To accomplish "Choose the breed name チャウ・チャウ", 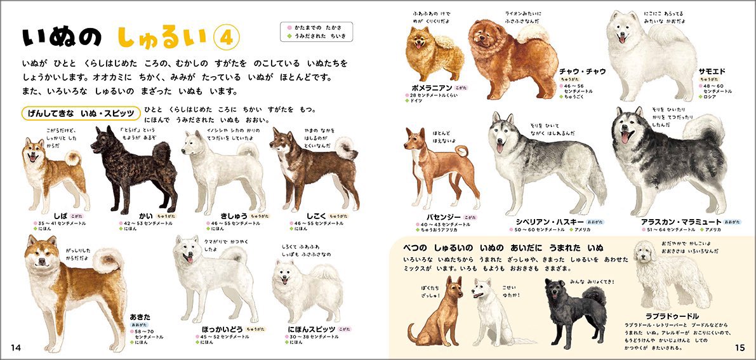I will coord(583,71).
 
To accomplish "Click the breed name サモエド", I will coord(712,72).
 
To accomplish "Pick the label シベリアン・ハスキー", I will coord(541,222).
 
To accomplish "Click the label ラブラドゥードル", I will coord(671,316).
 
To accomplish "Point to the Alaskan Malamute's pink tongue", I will coord(625,138).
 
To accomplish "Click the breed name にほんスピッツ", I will coord(310,330).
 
